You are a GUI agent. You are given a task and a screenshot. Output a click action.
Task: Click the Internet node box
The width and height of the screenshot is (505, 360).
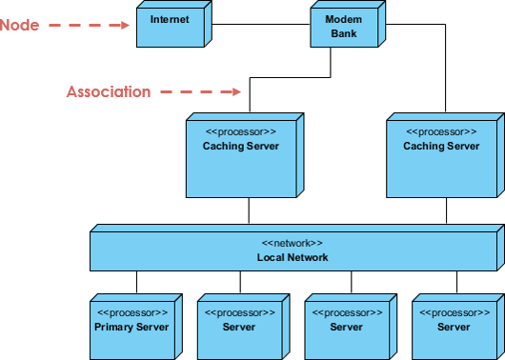[170, 25]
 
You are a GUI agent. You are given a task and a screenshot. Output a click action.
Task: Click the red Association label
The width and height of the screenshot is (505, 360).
[108, 91]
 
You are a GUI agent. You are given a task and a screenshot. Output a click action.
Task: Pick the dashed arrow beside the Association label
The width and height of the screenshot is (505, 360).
[199, 91]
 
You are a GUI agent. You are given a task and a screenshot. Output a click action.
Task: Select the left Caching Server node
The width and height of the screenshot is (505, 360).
[241, 157]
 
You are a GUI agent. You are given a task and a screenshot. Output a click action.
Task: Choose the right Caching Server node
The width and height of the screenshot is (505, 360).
[441, 157]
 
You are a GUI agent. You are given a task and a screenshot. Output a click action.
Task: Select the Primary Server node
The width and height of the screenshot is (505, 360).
[131, 327]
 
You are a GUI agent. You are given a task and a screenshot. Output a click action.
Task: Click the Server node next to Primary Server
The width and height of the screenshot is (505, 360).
[238, 327]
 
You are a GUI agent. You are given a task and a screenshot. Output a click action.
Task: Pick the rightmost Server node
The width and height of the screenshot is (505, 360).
[454, 327]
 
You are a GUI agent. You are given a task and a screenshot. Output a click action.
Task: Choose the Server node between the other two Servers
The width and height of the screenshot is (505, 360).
[346, 327]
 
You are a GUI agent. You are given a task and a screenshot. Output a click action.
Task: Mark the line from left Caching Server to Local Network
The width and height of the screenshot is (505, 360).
[249, 213]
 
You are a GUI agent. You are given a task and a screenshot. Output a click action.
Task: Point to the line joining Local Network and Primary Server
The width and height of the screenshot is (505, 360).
[136, 283]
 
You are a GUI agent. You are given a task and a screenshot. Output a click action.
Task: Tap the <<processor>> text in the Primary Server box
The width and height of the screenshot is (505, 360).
[131, 312]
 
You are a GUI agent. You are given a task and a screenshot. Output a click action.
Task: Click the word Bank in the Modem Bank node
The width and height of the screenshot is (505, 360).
[343, 33]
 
